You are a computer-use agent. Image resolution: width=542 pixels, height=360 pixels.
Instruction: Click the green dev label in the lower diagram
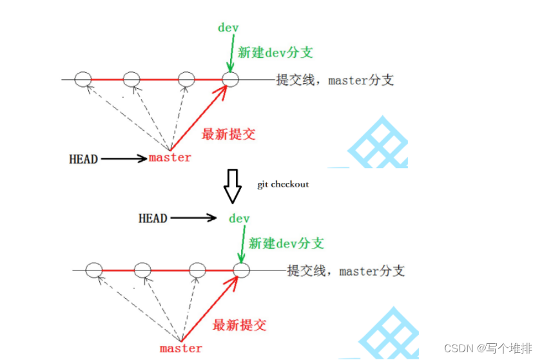click(x=239, y=219)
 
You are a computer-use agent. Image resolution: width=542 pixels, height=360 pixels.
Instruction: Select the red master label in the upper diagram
click(x=170, y=157)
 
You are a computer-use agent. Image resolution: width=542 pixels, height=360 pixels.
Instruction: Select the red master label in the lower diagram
click(x=181, y=348)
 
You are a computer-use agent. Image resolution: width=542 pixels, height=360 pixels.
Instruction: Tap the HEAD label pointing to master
click(x=83, y=158)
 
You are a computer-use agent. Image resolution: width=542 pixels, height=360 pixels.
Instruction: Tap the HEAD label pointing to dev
click(x=153, y=218)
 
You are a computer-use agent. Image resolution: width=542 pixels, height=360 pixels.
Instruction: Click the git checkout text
click(x=283, y=184)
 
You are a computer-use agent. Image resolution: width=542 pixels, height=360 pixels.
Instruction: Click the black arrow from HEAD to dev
click(x=193, y=218)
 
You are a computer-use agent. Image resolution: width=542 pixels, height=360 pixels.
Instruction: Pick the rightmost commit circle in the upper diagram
click(x=231, y=79)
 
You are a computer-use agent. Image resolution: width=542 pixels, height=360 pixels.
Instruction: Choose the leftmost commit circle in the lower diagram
click(x=94, y=270)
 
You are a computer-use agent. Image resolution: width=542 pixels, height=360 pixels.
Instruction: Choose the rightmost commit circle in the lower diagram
click(x=242, y=270)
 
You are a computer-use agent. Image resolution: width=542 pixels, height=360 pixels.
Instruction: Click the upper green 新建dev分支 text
click(x=275, y=53)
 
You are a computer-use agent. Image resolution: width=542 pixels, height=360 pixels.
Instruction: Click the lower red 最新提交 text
click(x=239, y=325)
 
